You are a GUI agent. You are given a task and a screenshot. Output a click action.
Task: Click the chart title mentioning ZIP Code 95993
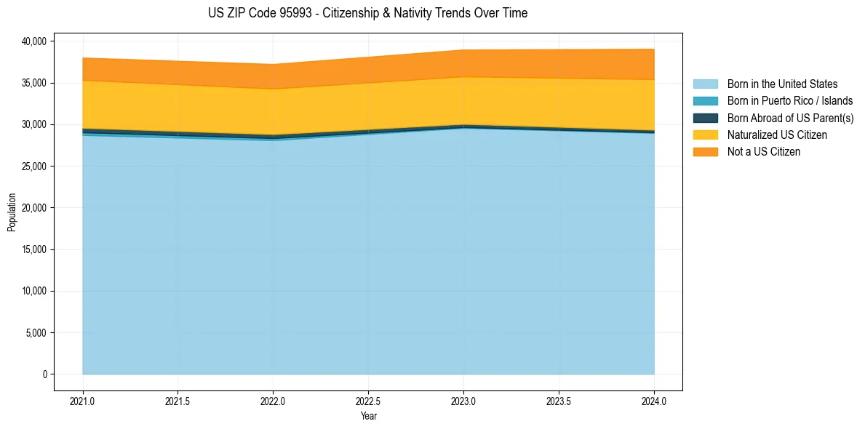pos(367,13)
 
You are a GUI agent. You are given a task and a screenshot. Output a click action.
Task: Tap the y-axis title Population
pos(12,212)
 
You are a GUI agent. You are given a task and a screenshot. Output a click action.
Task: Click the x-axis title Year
pos(368,417)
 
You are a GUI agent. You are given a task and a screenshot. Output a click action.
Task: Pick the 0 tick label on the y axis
pos(44,374)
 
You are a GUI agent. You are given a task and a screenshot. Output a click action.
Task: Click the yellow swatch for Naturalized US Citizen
pos(705,135)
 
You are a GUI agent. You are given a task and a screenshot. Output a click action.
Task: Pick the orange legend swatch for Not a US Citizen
pos(705,152)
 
